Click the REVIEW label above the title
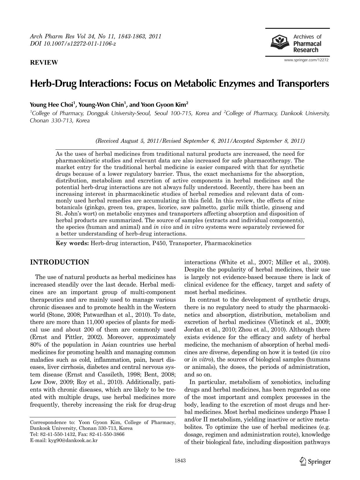coord(44,62)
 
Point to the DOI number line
coord(73,44)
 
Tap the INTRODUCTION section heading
coord(60,262)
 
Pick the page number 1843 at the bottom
coord(180,461)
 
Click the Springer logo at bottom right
coord(315,461)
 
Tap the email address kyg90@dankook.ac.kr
coord(73,440)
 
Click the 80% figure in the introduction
coord(36,345)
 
